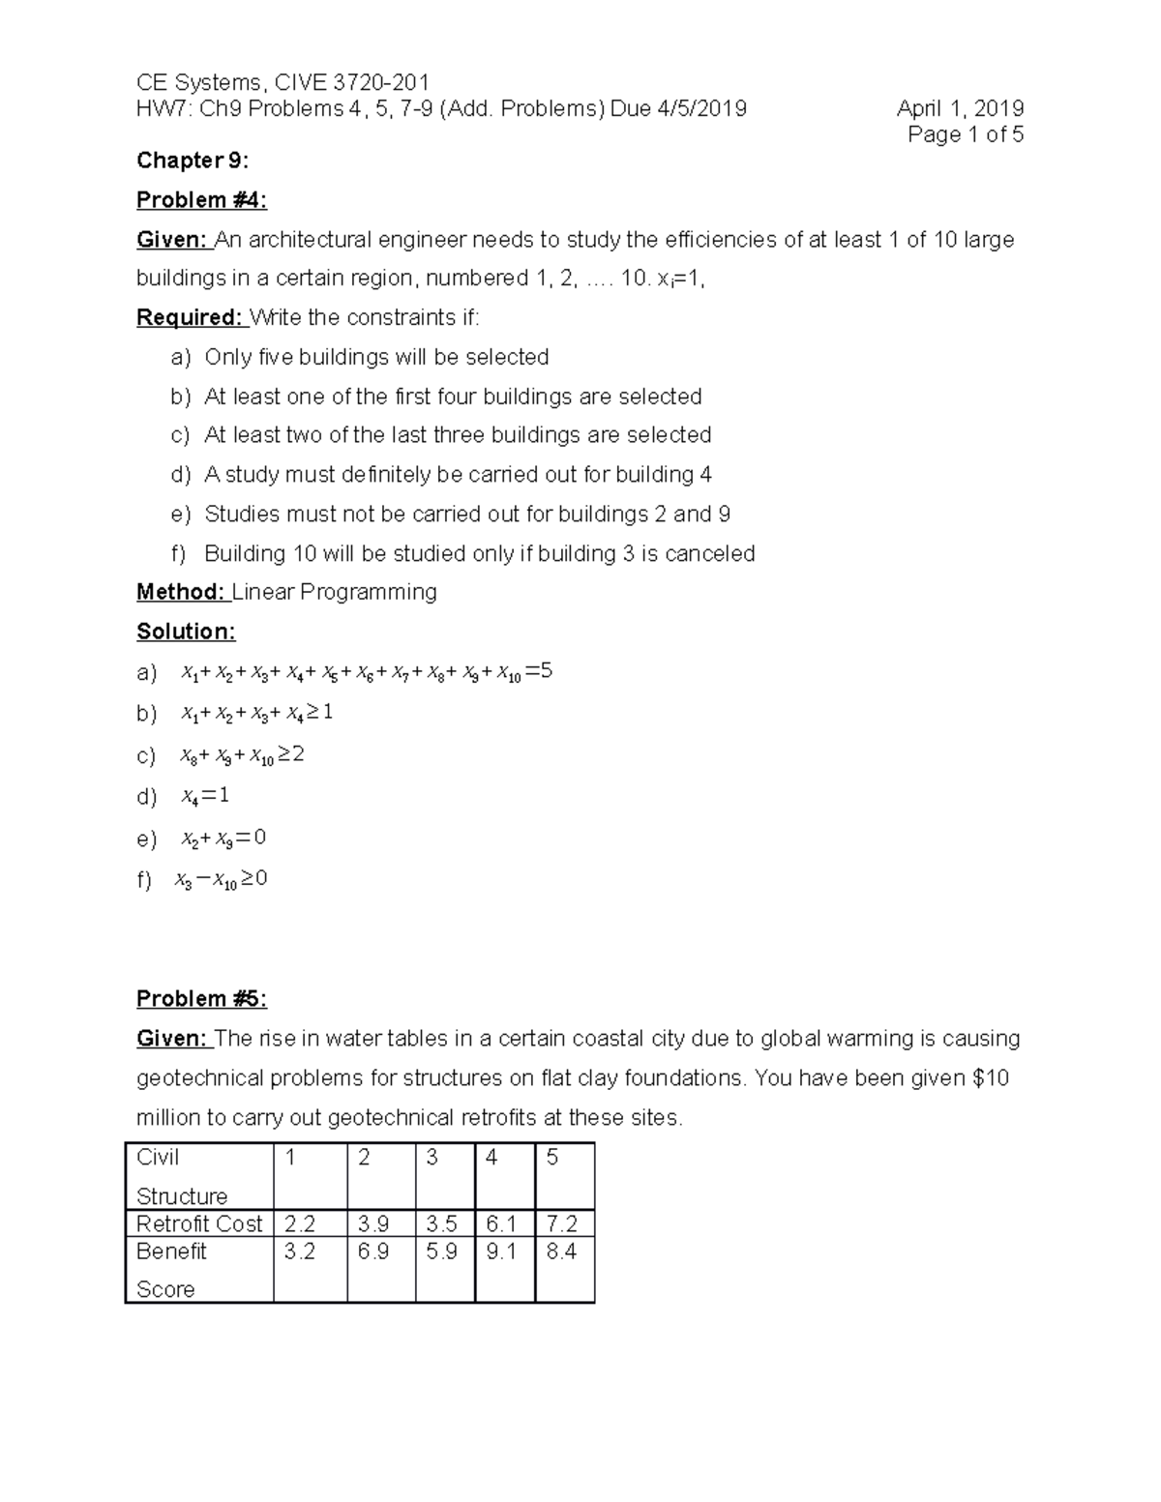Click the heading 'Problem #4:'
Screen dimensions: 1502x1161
pos(201,200)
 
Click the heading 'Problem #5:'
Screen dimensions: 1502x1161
pos(201,999)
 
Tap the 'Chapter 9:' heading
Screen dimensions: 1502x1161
pos(193,161)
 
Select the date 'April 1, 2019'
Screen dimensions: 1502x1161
pos(960,108)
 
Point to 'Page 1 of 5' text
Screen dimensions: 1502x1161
pos(965,134)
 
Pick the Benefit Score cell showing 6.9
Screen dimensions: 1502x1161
pos(372,1252)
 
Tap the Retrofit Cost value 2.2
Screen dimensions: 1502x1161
pos(300,1224)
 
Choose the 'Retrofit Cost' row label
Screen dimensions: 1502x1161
pos(199,1224)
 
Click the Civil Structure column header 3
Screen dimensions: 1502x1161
pos(432,1158)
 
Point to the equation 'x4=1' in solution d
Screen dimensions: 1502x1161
pos(205,796)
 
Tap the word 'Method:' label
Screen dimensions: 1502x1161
pos(181,592)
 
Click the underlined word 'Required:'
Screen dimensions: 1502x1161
pos(190,318)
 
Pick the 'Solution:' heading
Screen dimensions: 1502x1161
pos(186,632)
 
